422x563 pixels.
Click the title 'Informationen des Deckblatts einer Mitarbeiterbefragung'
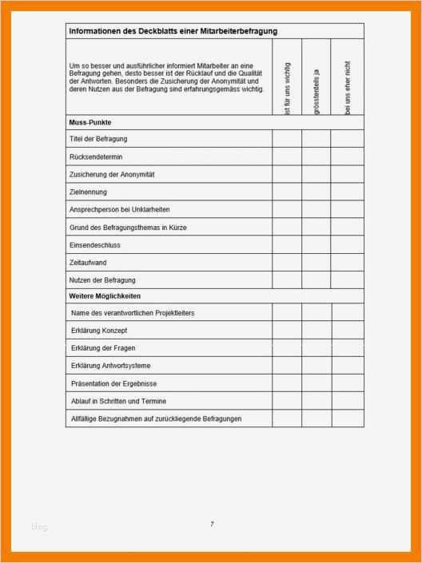pyautogui.click(x=173, y=31)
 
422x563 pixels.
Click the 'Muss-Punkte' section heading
pyautogui.click(x=90, y=123)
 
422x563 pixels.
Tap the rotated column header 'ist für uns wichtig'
pyautogui.click(x=287, y=88)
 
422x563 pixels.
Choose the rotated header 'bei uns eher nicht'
pyautogui.click(x=347, y=87)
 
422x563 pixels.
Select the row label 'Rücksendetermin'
pyautogui.click(x=97, y=157)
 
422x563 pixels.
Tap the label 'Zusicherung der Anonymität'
pyautogui.click(x=112, y=174)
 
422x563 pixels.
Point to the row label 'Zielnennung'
pyautogui.click(x=89, y=192)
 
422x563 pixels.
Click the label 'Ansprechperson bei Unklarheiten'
pyautogui.click(x=121, y=210)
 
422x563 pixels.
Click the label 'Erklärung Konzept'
pyautogui.click(x=99, y=331)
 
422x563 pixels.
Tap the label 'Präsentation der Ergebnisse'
pyautogui.click(x=113, y=383)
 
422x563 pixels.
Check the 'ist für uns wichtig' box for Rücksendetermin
pyautogui.click(x=287, y=157)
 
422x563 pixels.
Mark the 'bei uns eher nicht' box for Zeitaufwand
pyautogui.click(x=347, y=262)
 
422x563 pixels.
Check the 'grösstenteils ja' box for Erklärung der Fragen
pyautogui.click(x=316, y=348)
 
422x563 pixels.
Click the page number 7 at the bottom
pyautogui.click(x=212, y=524)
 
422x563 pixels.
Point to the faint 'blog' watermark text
pyautogui.click(x=40, y=526)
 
